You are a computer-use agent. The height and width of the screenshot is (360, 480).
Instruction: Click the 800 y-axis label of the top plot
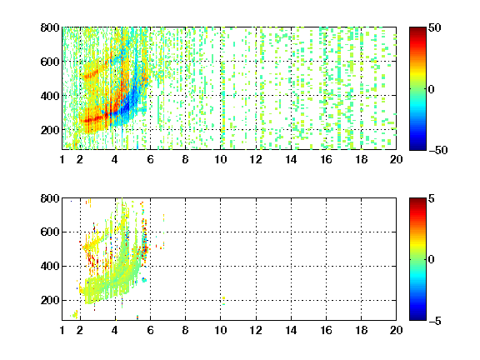(50, 27)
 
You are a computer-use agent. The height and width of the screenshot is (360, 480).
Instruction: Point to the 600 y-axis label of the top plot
(50, 62)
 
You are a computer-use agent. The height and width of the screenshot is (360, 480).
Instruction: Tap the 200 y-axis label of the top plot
(50, 130)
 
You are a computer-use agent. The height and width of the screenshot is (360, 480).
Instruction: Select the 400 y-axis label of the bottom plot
(50, 266)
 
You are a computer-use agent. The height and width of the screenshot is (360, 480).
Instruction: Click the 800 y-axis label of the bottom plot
(50, 198)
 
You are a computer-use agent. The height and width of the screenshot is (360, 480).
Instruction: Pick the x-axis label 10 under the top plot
(220, 159)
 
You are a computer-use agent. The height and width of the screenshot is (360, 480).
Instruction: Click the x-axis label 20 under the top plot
(396, 159)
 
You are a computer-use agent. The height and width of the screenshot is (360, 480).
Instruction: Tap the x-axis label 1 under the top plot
(62, 159)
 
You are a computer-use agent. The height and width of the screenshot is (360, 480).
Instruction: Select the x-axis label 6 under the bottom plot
(150, 330)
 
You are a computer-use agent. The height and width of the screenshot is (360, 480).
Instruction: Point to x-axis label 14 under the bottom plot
(291, 330)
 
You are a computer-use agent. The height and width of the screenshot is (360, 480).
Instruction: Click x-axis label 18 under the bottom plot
(361, 330)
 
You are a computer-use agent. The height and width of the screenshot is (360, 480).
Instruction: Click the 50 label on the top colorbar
(434, 27)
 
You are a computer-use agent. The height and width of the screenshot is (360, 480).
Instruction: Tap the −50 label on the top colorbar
(437, 150)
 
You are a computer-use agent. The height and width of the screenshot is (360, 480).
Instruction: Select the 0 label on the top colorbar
(431, 89)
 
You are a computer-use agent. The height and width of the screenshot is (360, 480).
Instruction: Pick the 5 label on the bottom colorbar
(432, 198)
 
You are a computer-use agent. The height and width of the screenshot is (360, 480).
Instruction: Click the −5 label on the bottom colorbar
(435, 321)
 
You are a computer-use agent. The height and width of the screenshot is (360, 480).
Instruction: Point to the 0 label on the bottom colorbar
(431, 260)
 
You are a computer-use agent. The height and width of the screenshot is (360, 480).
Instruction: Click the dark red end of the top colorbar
(417, 30)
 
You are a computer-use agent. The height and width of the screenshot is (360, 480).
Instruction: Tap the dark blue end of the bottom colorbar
(417, 317)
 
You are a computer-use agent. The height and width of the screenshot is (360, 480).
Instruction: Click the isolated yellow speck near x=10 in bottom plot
(224, 297)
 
